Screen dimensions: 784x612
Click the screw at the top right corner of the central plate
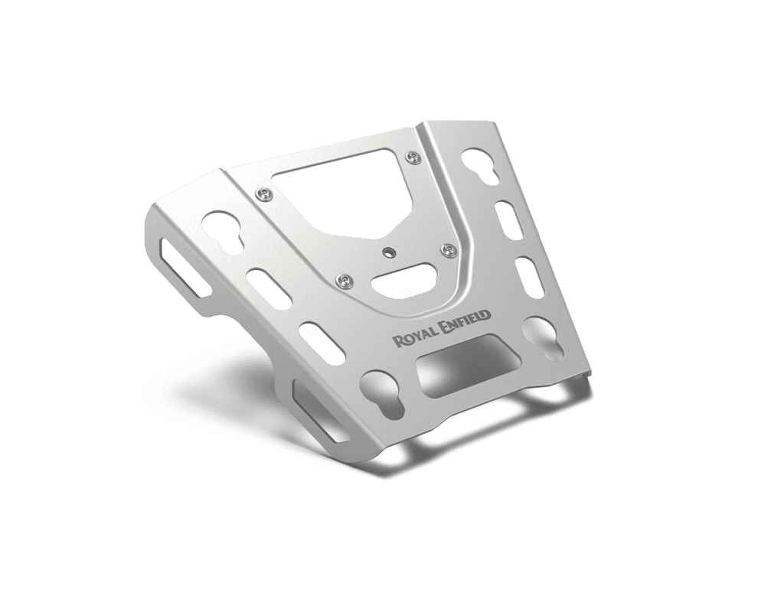(x=412, y=157)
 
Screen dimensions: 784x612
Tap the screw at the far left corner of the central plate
(x=264, y=194)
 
